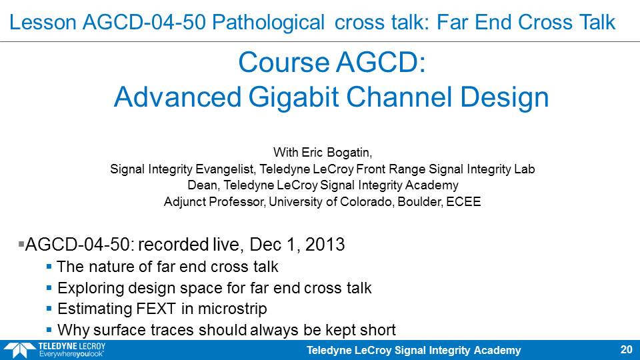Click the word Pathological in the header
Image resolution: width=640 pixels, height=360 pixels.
[x=268, y=23]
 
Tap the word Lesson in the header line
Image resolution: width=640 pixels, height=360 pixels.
[x=43, y=22]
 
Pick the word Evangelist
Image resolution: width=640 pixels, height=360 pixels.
[x=225, y=169]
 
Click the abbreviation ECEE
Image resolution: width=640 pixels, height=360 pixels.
[x=463, y=201]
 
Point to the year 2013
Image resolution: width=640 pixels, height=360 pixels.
[x=325, y=245]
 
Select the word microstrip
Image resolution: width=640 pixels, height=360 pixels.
[x=232, y=309]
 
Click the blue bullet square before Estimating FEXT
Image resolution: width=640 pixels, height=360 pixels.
[x=49, y=309]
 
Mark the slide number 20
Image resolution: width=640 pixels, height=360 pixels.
[x=626, y=349]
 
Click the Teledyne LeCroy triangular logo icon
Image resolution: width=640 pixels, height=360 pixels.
[x=19, y=351]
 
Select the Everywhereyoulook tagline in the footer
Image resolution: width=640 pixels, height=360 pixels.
[x=71, y=354]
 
